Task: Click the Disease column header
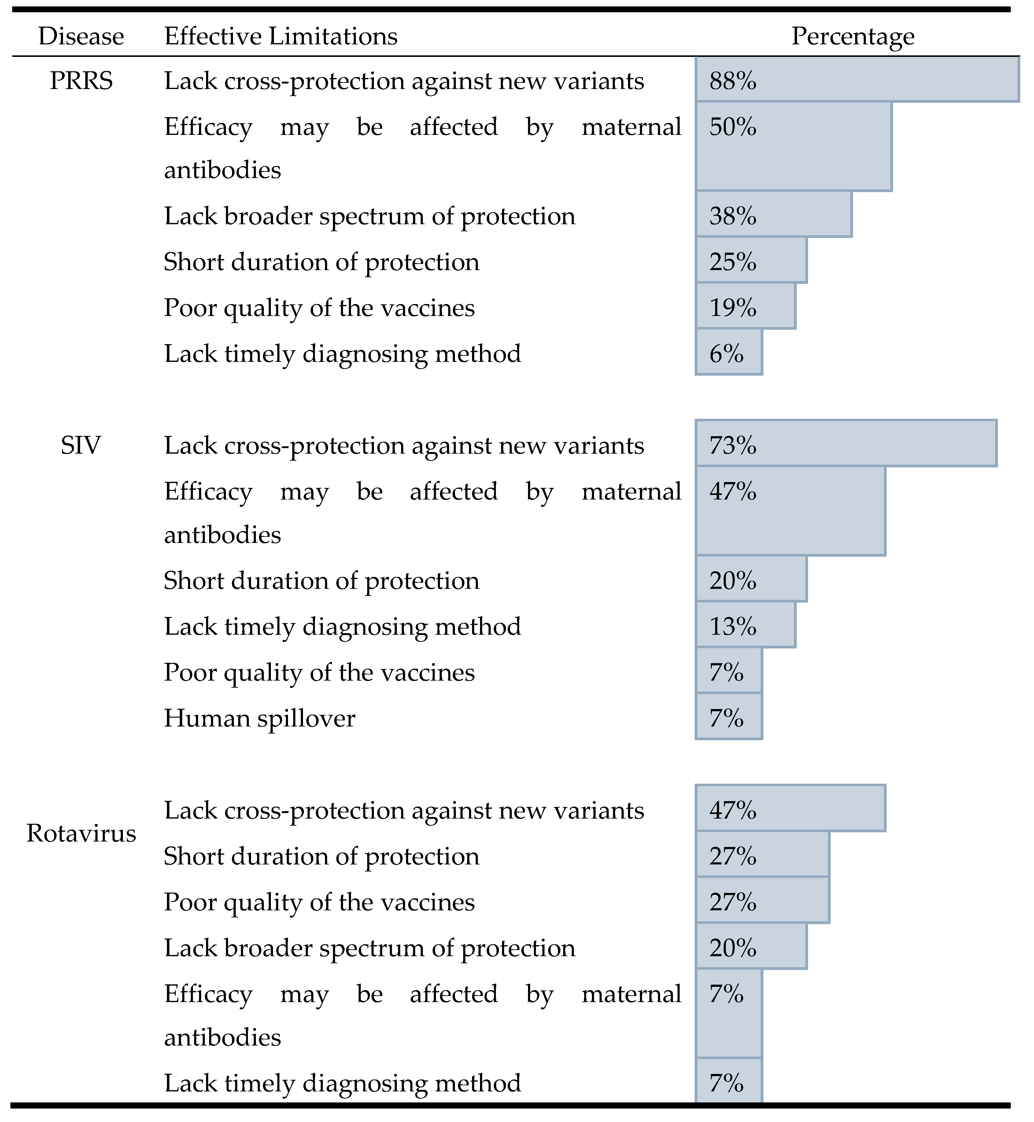(81, 37)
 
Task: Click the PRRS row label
(81, 81)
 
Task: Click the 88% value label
(733, 82)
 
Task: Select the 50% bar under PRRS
(793, 147)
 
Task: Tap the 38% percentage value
(733, 217)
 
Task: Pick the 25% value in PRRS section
(733, 262)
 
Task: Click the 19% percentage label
(733, 309)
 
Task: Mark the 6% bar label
(726, 355)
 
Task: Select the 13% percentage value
(733, 627)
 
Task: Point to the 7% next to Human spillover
(726, 719)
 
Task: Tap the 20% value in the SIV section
(733, 581)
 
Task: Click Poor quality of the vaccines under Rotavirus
(319, 903)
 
